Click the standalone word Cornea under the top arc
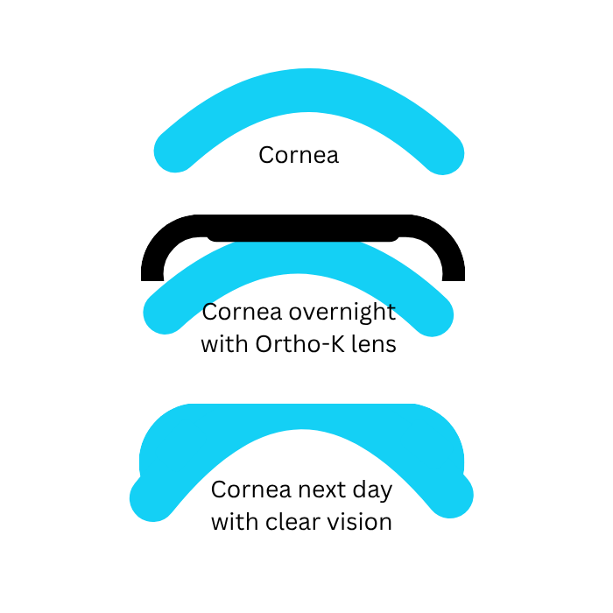[x=299, y=155]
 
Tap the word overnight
[x=342, y=313]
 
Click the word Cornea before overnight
[x=242, y=313]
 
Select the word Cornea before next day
[x=251, y=490]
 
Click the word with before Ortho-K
[x=224, y=344]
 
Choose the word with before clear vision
[x=235, y=522]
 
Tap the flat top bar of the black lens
[x=303, y=228]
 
